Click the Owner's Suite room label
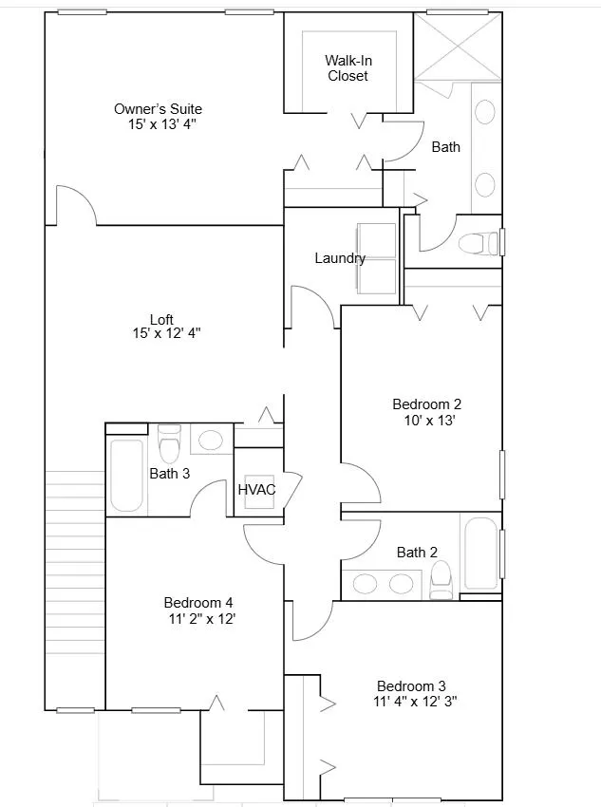(158, 109)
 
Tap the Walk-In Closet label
(348, 68)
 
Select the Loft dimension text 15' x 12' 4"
(166, 333)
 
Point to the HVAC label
(256, 490)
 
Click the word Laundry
(340, 258)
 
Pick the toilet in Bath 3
(169, 443)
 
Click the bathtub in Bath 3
(126, 475)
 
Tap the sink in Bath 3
(210, 440)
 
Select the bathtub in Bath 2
(481, 553)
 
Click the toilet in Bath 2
(441, 579)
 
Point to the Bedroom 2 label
(426, 404)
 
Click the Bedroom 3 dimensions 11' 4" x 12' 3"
(415, 701)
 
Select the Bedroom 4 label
(198, 602)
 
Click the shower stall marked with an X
(458, 47)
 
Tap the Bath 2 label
(417, 553)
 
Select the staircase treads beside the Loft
(75, 563)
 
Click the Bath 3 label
(169, 474)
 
